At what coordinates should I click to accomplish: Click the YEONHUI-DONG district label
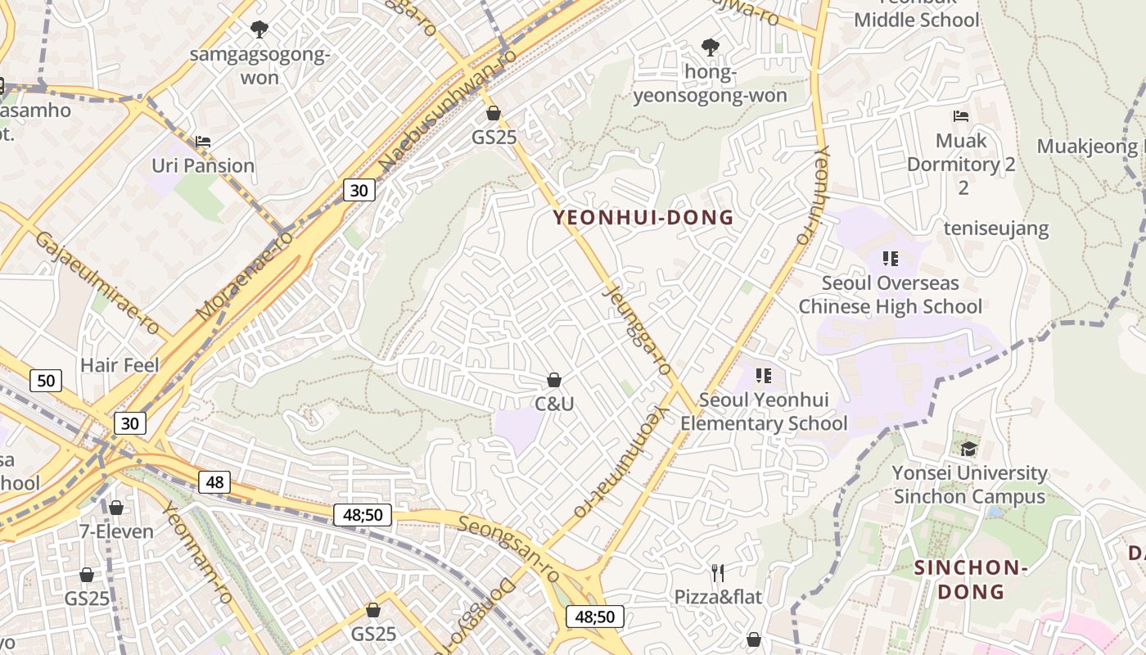click(x=643, y=218)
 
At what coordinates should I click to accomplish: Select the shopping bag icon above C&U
click(x=554, y=380)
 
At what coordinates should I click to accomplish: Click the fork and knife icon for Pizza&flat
click(x=718, y=572)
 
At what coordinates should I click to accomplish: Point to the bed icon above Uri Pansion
click(x=203, y=142)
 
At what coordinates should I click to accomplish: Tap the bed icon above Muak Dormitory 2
click(x=961, y=116)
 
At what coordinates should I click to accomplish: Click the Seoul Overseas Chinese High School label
click(x=890, y=295)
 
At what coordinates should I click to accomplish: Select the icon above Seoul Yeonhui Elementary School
click(x=764, y=376)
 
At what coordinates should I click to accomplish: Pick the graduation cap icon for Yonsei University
click(x=968, y=448)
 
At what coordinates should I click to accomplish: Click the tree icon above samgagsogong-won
click(x=259, y=30)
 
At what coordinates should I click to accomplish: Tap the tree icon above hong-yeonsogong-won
click(x=711, y=47)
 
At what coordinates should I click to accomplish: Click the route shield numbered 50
click(x=46, y=380)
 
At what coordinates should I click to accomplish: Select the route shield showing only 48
click(x=214, y=482)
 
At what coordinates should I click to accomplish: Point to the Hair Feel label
click(x=120, y=365)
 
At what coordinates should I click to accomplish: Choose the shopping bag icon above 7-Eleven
click(x=116, y=508)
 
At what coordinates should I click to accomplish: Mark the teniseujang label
click(x=996, y=228)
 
